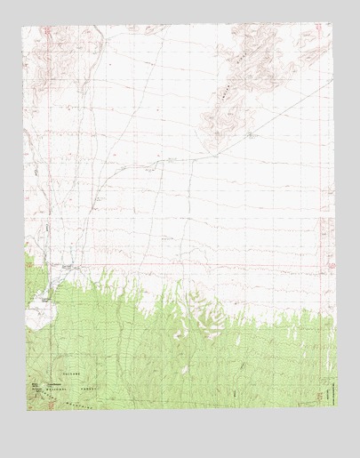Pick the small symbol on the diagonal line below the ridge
click(x=252, y=135)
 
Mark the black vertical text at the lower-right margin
click(x=329, y=391)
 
